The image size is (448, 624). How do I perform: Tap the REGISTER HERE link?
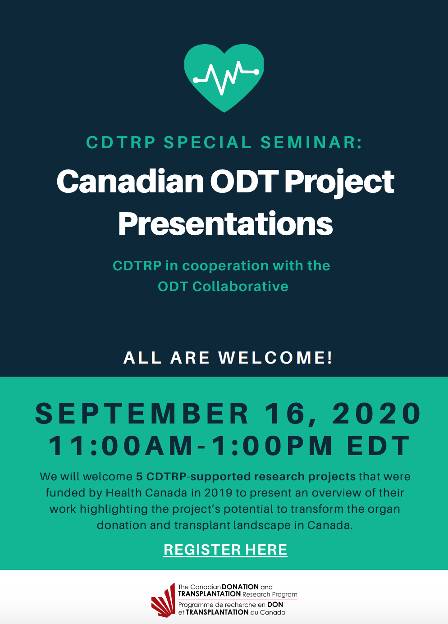tap(225, 550)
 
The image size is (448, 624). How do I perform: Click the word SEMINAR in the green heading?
tap(311, 142)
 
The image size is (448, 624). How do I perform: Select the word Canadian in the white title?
tap(130, 182)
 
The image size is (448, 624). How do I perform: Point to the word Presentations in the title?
tap(225, 223)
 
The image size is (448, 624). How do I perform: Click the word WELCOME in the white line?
tap(275, 357)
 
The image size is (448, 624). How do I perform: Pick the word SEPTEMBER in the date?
tap(142, 414)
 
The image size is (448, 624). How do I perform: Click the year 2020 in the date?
tap(376, 414)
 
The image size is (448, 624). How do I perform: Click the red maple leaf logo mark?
tap(163, 600)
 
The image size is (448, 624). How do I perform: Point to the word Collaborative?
tap(240, 287)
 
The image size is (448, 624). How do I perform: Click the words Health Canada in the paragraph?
tap(146, 493)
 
